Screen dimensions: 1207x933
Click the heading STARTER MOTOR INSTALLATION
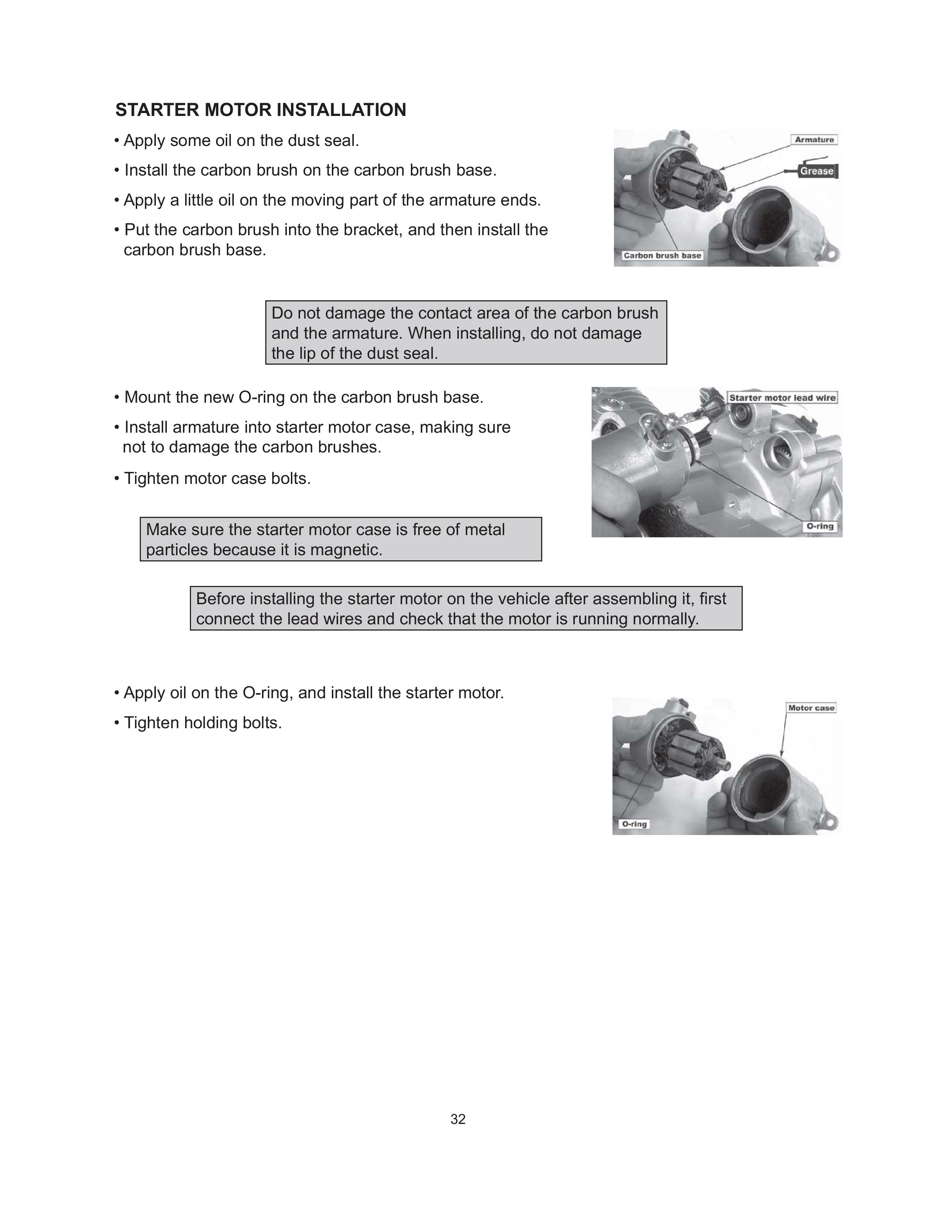tap(261, 110)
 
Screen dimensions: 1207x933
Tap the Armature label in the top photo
tap(814, 140)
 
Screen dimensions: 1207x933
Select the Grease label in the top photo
tap(816, 171)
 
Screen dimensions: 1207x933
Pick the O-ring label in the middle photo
tap(820, 526)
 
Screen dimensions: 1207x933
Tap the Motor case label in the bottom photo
tap(811, 708)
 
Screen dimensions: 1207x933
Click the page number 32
tap(458, 1119)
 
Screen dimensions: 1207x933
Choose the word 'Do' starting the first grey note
tap(281, 313)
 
